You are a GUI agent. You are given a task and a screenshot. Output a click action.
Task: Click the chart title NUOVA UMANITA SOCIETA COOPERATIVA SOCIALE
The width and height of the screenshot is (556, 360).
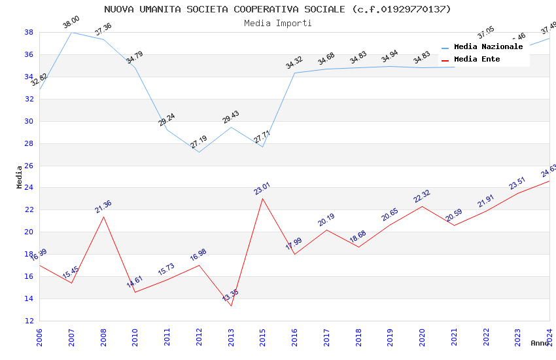(x=277, y=9)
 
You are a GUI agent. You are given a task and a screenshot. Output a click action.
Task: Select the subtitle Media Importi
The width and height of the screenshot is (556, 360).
(x=277, y=23)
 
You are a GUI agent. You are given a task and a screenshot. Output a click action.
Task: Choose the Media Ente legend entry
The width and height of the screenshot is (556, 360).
(x=477, y=60)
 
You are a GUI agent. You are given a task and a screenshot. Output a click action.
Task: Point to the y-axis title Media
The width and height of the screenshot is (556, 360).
(x=19, y=177)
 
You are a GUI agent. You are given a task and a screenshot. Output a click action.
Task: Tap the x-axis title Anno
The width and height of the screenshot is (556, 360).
(x=540, y=343)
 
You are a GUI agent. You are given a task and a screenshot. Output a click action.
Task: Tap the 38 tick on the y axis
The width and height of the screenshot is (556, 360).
(x=29, y=32)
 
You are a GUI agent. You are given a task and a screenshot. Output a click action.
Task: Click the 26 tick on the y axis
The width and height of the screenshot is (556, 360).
(x=29, y=166)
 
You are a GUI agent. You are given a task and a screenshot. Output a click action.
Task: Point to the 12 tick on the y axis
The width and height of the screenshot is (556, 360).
(x=29, y=321)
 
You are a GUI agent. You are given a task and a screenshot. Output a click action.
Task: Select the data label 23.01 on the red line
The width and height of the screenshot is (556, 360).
(x=262, y=189)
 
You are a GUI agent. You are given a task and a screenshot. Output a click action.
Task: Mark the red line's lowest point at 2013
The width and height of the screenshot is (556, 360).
(x=231, y=306)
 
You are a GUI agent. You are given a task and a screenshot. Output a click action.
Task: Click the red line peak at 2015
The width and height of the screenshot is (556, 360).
(x=263, y=198)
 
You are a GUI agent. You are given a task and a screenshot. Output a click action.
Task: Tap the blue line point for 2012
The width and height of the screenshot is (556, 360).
(x=199, y=152)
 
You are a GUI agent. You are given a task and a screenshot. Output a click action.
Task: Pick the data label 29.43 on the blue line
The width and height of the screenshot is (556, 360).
(x=231, y=117)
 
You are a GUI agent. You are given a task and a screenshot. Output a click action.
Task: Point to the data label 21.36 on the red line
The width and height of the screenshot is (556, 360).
(x=103, y=207)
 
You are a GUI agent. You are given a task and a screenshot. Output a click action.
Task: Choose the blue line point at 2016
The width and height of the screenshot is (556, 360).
(x=294, y=73)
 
